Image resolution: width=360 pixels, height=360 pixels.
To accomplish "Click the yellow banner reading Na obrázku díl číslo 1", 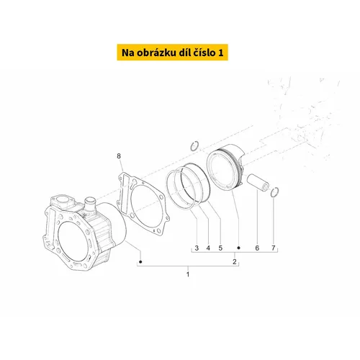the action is [172, 52].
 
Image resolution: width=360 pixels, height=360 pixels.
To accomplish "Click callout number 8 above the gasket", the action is [119, 156].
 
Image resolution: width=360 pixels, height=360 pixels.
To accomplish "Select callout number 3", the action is [197, 248].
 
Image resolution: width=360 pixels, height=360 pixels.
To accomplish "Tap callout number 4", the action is [208, 248].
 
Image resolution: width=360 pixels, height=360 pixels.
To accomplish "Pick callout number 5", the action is [220, 248].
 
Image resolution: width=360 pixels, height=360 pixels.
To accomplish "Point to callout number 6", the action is [257, 248].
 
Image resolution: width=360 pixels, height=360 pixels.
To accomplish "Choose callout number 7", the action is [274, 248].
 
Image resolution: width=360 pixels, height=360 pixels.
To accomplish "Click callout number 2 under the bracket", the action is [235, 261].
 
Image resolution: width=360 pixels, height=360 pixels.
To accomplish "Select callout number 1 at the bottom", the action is [188, 274].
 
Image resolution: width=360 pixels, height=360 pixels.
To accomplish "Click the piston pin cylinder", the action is [258, 182].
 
